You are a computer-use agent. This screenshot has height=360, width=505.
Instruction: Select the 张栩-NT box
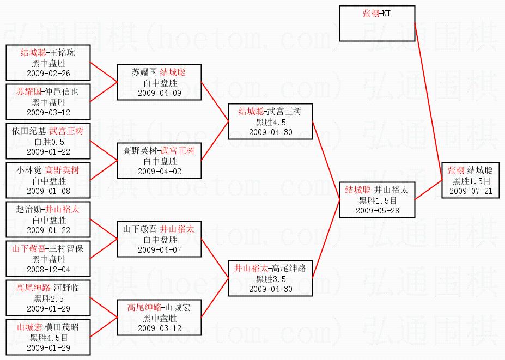click(376, 23)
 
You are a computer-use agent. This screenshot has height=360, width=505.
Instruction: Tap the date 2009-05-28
click(378, 210)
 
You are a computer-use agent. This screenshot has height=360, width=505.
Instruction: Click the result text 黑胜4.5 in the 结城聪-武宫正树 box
click(271, 121)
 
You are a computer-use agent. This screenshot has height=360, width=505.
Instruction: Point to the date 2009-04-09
click(160, 93)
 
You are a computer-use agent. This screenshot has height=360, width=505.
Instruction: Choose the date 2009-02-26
click(48, 74)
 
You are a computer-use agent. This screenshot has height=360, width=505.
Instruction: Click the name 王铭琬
click(63, 53)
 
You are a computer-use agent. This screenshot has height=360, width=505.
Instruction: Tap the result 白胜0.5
click(48, 141)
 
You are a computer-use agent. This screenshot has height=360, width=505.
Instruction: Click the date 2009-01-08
click(48, 191)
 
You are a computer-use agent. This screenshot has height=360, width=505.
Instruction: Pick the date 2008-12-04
click(48, 270)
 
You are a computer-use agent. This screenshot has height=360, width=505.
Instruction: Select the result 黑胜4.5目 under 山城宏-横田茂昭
click(48, 338)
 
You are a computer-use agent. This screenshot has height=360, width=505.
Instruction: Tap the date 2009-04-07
click(160, 249)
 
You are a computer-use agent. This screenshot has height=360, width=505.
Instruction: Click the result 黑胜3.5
click(271, 279)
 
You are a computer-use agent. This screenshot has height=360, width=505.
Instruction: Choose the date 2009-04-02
click(160, 171)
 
